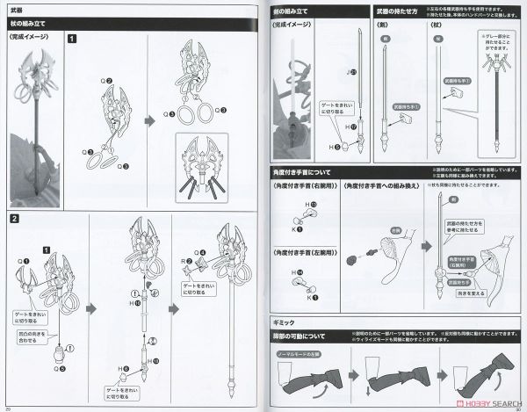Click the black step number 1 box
(x=71, y=39)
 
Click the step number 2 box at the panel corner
(x=15, y=218)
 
